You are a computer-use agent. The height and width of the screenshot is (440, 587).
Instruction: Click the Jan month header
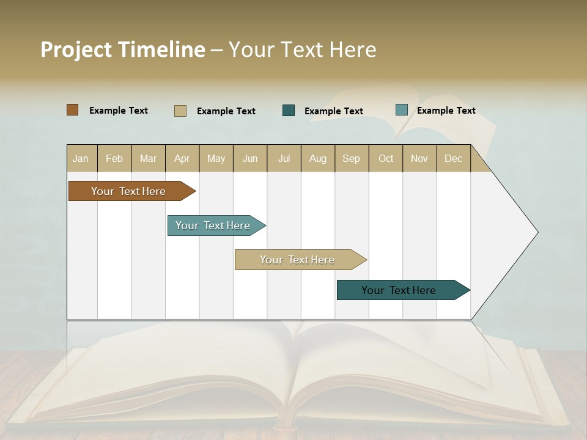point(81,159)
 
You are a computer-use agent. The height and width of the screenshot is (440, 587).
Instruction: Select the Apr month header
point(182,159)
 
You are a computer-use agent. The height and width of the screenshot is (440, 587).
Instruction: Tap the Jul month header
point(284,159)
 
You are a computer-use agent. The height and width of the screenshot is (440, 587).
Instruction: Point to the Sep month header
point(351,159)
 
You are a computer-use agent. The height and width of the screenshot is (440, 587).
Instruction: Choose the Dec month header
point(453,159)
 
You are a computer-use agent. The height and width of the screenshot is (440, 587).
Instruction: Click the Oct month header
point(386,159)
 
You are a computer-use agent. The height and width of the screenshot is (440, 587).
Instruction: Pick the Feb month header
point(114,159)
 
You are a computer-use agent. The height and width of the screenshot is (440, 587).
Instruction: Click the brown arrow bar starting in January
point(128,191)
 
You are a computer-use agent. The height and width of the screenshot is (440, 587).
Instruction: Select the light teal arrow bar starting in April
point(213,226)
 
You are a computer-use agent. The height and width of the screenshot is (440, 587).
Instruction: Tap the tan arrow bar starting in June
point(297,260)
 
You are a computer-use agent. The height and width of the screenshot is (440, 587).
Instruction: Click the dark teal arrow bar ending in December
point(399,290)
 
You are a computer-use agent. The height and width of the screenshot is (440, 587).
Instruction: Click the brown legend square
point(72,110)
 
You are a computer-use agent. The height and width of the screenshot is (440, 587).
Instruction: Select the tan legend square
point(180,111)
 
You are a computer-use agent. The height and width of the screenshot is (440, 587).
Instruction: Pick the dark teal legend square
point(289,111)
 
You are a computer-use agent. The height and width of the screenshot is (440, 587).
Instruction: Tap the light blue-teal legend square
point(401,110)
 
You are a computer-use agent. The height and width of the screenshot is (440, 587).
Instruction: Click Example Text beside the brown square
point(119,111)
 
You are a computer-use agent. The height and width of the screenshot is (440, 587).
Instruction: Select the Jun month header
point(250,159)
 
